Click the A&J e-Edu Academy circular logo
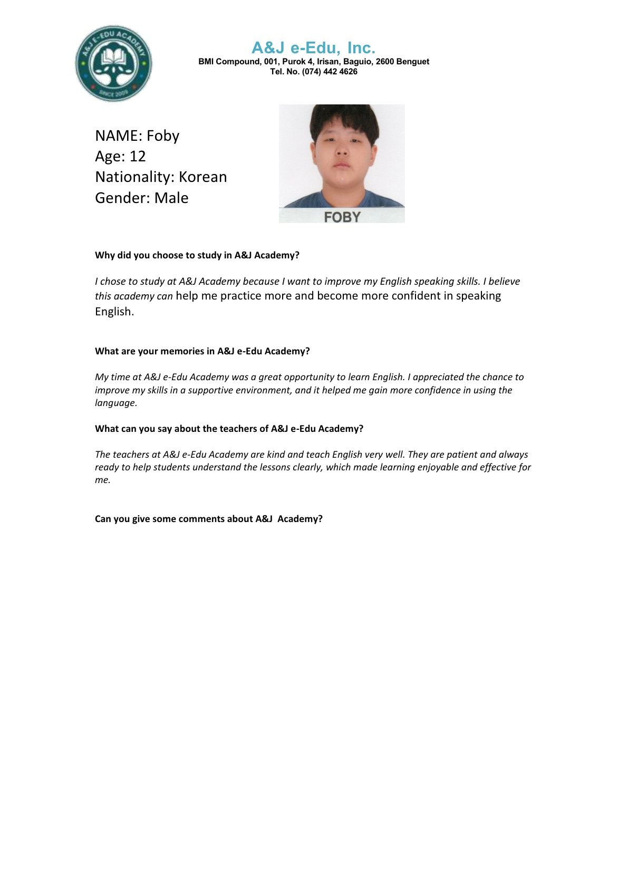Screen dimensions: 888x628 [113, 63]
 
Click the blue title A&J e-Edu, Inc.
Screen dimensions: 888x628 [313, 48]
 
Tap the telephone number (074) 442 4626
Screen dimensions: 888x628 [330, 72]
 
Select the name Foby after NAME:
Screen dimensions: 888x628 [163, 136]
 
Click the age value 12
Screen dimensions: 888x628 [138, 157]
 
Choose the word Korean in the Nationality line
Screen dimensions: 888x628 [202, 177]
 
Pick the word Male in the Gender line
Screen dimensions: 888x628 [171, 198]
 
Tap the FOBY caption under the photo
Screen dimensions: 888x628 [342, 217]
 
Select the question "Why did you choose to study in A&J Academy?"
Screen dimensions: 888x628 [197, 255]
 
